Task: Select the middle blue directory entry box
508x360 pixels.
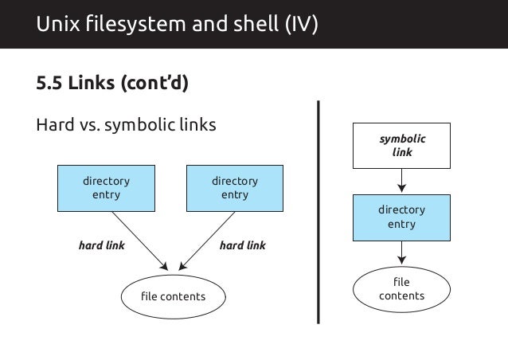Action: [234, 188]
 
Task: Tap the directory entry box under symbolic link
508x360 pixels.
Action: [401, 217]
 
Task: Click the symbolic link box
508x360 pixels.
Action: [401, 145]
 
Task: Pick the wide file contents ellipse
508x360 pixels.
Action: [173, 297]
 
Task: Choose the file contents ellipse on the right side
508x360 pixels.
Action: [401, 289]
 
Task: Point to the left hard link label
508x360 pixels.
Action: [101, 245]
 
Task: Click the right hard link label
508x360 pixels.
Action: [242, 245]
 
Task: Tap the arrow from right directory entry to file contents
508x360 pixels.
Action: [401, 252]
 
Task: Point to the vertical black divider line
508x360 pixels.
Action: [318, 211]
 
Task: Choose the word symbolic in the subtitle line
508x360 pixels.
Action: [140, 126]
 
